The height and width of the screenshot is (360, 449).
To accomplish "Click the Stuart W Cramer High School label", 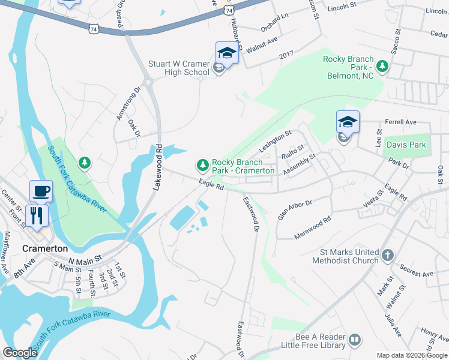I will point(179,68).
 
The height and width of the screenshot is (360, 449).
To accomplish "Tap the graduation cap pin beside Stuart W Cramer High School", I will point(227,53).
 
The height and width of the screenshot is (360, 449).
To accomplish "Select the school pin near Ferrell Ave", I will point(348,122).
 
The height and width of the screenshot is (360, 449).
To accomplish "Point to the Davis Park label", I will point(406,145).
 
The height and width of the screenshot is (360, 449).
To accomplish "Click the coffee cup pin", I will point(41,191).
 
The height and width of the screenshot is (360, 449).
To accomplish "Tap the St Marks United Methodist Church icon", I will point(388,254).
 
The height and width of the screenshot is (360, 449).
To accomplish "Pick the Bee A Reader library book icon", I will point(355,340).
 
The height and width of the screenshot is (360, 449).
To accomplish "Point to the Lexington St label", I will point(274,140).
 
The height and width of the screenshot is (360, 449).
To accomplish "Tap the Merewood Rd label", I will point(313,228).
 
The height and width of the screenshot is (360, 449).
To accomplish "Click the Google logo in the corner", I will point(20,353).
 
